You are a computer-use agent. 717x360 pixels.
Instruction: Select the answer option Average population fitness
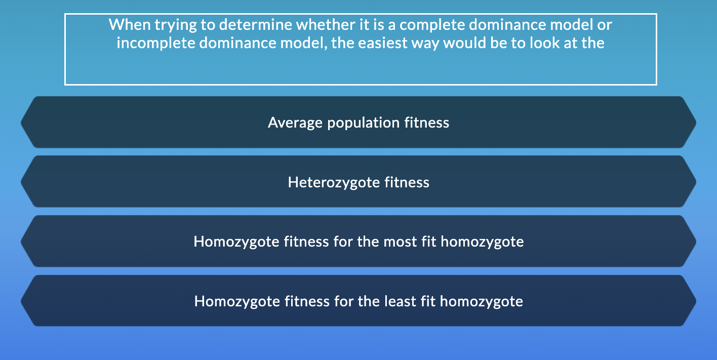pyautogui.click(x=358, y=123)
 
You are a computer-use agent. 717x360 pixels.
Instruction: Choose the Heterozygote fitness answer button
pyautogui.click(x=358, y=182)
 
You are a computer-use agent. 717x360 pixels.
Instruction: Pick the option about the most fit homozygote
pyautogui.click(x=358, y=242)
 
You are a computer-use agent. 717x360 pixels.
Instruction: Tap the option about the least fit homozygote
pyautogui.click(x=358, y=302)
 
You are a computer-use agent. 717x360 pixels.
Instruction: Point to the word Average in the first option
pyautogui.click(x=295, y=123)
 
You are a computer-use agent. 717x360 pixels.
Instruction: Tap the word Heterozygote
pyautogui.click(x=334, y=182)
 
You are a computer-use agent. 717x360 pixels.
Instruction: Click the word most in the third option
pyautogui.click(x=400, y=242)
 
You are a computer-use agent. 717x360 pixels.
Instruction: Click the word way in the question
pyautogui.click(x=429, y=43)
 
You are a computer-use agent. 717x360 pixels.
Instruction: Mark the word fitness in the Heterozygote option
pyautogui.click(x=407, y=182)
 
